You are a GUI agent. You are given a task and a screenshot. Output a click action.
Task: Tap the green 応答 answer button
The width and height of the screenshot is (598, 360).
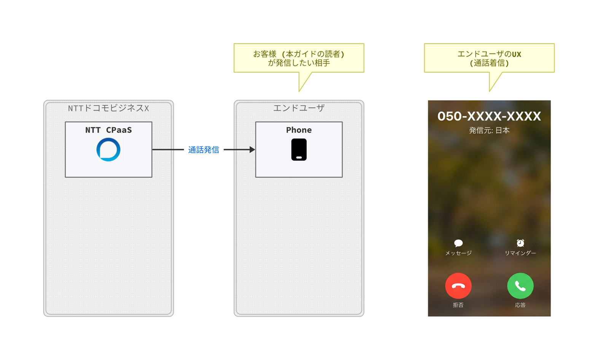520,286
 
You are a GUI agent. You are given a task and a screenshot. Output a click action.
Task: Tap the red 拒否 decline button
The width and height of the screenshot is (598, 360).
458,286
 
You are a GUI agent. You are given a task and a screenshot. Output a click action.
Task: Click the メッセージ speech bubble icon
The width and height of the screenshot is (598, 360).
458,243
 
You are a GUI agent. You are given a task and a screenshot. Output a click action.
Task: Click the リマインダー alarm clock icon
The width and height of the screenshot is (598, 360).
520,243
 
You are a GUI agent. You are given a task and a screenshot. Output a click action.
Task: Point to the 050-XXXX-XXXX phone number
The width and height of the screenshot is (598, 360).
489,116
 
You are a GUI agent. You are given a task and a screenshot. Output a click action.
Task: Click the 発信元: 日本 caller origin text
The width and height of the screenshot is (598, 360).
489,130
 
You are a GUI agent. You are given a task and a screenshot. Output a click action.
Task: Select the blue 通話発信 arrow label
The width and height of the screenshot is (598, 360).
204,150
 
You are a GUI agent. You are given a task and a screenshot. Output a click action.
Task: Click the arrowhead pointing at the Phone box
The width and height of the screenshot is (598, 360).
252,150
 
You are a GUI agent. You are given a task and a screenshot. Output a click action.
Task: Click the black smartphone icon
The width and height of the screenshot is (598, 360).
299,149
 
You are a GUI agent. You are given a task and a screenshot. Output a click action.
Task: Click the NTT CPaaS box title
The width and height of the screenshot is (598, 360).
108,130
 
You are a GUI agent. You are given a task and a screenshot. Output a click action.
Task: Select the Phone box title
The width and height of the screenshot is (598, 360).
299,130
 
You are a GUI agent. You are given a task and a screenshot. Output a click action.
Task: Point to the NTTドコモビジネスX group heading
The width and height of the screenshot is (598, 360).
108,108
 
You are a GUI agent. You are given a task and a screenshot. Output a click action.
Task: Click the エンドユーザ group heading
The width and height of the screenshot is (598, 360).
299,108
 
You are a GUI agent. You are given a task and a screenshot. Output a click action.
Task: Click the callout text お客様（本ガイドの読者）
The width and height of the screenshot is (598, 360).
299,54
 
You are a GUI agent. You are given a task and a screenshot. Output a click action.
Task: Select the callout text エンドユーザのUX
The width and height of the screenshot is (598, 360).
489,54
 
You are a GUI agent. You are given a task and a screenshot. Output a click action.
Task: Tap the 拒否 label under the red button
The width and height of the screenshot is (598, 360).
458,305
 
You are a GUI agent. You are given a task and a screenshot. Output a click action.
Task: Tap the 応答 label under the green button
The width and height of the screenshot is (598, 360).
520,305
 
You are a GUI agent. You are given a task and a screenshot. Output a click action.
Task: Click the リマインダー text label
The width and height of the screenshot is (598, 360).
520,253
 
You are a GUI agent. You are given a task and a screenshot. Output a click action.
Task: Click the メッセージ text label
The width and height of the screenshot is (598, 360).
458,253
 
